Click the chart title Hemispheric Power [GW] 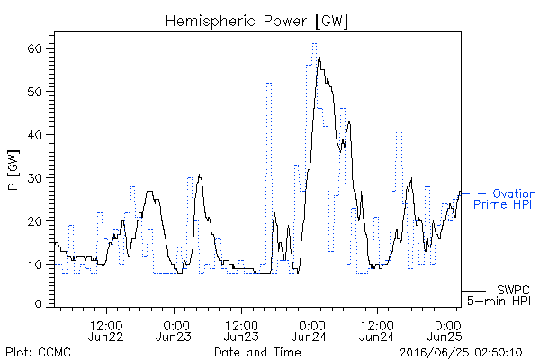coord(256,22)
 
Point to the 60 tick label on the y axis coord(34,49)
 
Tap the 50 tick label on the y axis coord(34,92)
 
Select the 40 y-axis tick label coord(34,135)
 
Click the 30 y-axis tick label coord(34,178)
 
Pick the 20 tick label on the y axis coord(34,220)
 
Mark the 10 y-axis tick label coord(34,265)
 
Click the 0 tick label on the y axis coord(38,304)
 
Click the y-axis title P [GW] coord(13,170)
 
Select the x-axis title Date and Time coord(257,352)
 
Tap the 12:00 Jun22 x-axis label coord(105,331)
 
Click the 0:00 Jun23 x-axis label coord(174,331)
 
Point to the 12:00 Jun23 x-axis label coord(241,331)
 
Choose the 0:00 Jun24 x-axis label coord(310,331)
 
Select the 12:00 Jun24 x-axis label coord(377,331)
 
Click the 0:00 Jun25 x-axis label coord(445,331)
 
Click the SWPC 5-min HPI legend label coord(499,295)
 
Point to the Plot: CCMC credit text coord(38,352)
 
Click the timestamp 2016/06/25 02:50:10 coord(461,353)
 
